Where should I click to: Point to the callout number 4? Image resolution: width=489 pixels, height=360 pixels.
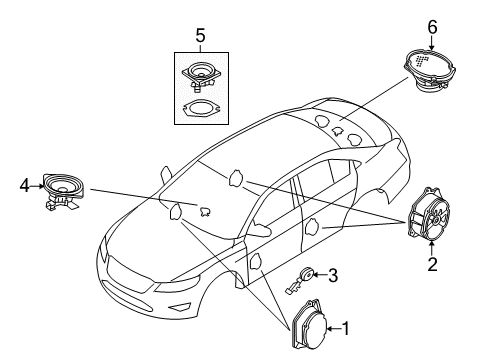tap(24, 184)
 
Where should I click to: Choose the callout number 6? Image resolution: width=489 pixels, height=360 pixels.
tap(433, 27)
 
